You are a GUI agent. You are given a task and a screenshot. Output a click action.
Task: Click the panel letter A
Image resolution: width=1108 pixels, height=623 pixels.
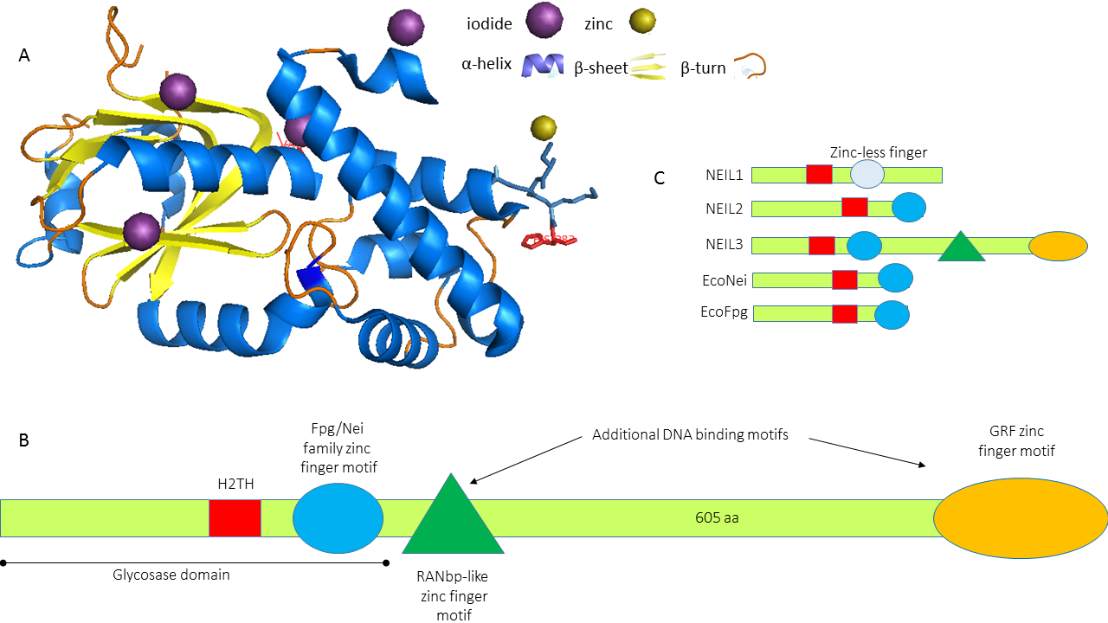[24, 55]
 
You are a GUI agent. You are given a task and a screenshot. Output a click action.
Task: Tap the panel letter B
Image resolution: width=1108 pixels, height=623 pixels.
[24, 440]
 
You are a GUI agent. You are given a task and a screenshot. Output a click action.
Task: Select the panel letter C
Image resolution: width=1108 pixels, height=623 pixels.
[660, 178]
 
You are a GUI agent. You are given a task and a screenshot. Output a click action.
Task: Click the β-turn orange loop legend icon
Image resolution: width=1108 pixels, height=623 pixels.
[750, 67]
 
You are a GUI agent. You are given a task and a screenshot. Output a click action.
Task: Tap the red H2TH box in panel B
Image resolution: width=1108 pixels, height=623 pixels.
[235, 517]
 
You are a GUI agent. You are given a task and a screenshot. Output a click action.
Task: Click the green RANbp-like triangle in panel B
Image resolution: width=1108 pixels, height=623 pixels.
[453, 519]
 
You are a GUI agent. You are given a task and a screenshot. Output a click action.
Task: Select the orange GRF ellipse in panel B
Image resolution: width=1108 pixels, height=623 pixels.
[1021, 518]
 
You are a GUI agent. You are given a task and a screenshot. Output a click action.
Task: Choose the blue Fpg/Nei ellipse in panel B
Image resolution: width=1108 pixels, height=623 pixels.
[338, 517]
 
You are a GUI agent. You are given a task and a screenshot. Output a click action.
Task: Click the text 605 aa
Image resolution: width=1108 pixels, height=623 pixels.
[717, 518]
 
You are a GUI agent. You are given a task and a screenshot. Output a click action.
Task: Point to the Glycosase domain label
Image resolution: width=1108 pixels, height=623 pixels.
[171, 574]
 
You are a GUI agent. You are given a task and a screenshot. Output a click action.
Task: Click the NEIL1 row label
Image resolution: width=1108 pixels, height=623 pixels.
[724, 175]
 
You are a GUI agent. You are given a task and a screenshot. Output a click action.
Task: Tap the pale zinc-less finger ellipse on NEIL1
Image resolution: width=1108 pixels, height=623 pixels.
[867, 175]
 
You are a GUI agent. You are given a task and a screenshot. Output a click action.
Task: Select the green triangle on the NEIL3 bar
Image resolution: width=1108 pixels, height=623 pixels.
[962, 247]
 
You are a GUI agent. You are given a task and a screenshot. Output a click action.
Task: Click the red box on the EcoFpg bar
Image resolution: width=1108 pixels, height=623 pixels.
[844, 313]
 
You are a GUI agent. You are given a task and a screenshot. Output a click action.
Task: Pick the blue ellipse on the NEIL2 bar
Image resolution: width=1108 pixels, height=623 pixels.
[909, 208]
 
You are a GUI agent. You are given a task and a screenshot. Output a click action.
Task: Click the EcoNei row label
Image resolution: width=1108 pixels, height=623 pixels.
[725, 279]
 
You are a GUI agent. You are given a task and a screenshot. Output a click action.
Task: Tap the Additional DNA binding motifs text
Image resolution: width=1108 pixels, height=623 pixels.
[690, 434]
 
